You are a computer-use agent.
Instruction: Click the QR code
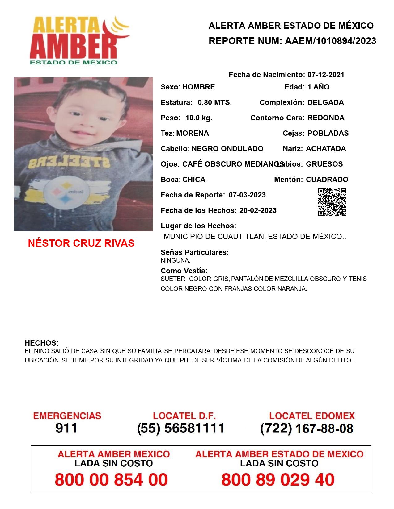click(332, 202)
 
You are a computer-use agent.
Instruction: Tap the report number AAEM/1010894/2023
click(330, 41)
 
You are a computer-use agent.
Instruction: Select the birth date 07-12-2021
click(326, 75)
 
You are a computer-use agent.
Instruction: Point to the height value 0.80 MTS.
click(215, 102)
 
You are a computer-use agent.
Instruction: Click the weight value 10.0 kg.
click(199, 118)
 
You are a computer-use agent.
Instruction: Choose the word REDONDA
click(326, 118)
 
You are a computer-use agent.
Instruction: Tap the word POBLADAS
click(328, 133)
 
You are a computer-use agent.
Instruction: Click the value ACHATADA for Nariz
click(326, 149)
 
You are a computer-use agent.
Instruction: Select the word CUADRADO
click(327, 180)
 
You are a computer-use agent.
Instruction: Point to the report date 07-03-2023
click(247, 195)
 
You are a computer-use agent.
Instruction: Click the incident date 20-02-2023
click(258, 210)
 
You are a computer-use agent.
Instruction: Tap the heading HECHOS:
click(42, 343)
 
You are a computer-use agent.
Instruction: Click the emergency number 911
click(66, 428)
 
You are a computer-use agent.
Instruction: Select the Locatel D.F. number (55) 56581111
click(181, 428)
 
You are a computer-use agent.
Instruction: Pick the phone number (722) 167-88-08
click(307, 428)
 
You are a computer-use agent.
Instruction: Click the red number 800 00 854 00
click(111, 480)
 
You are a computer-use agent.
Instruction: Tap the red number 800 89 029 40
click(278, 480)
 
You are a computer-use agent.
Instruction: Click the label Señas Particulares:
click(195, 252)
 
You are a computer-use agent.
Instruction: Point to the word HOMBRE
click(198, 87)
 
